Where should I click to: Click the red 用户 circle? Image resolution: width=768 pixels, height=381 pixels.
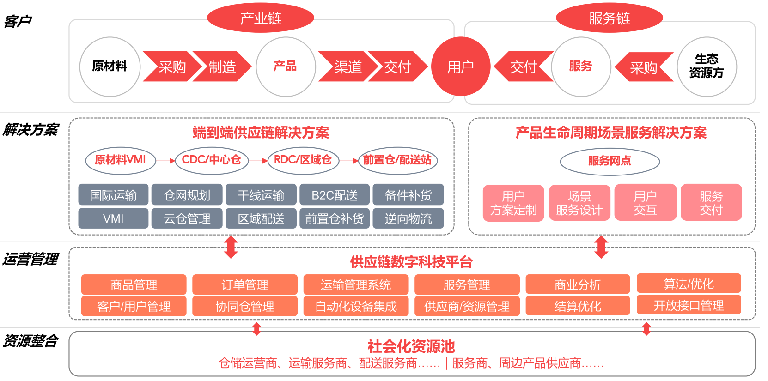tap(460, 67)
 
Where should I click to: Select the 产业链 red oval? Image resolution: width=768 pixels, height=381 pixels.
tap(261, 18)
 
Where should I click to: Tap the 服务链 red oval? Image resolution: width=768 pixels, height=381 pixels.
tap(609, 18)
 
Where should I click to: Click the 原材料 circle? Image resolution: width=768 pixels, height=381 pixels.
tap(110, 67)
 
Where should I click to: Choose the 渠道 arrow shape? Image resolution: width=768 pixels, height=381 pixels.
tap(347, 67)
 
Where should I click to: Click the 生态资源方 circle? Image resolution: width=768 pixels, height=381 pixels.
tap(706, 67)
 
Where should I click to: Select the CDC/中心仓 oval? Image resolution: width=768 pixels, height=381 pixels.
tap(212, 160)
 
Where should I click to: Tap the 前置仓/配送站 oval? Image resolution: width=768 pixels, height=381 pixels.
tap(397, 160)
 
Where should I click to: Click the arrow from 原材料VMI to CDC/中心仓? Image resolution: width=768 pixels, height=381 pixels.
tap(165, 161)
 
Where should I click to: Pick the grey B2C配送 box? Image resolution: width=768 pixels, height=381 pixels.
tap(335, 195)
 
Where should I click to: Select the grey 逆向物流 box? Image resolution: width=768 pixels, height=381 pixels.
tap(408, 218)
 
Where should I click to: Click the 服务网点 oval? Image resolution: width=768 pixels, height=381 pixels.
tap(610, 161)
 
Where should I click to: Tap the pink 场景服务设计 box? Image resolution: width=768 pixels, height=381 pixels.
tap(579, 203)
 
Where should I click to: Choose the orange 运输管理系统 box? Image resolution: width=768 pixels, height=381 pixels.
tap(356, 284)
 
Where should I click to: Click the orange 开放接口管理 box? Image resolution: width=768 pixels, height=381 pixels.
tap(689, 305)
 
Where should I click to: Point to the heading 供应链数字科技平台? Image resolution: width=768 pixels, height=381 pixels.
tap(411, 262)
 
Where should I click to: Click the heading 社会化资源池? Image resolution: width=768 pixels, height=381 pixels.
tap(411, 346)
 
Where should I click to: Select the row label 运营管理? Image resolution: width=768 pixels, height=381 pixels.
tap(30, 259)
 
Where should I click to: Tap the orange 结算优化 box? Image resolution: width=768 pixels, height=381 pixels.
tap(578, 306)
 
